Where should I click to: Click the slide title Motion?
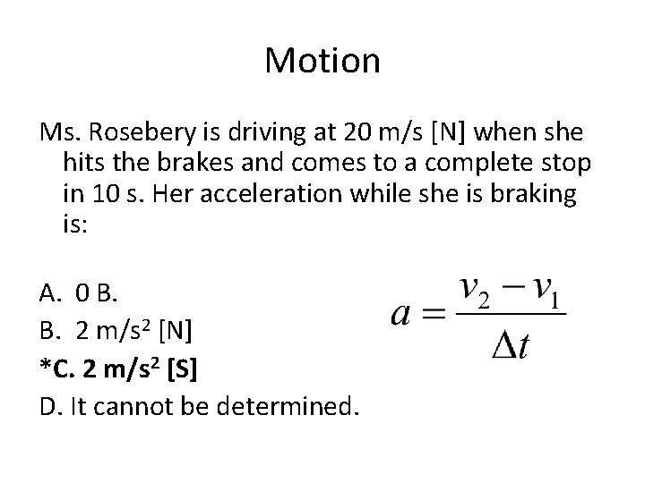point(322,62)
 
